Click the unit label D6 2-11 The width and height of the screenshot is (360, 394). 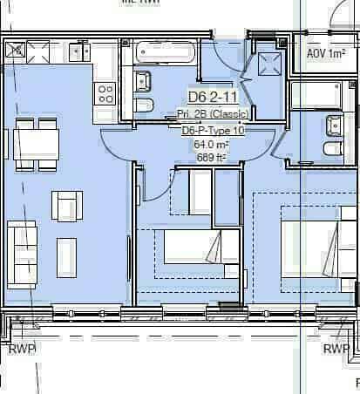pos(214,98)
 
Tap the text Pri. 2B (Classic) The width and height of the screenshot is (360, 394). pos(214,114)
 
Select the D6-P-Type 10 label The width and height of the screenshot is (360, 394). pos(214,130)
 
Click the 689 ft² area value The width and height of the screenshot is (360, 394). pos(211,158)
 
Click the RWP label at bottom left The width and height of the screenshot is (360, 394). pos(22,349)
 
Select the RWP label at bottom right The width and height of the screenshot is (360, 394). pos(336,349)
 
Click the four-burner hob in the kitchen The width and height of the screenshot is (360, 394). pos(105,92)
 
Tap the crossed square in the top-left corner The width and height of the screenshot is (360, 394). pos(15,51)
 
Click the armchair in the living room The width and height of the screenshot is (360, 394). pos(67,206)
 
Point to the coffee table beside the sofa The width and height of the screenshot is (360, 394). pos(67,253)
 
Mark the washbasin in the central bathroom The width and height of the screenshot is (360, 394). pos(142,83)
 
